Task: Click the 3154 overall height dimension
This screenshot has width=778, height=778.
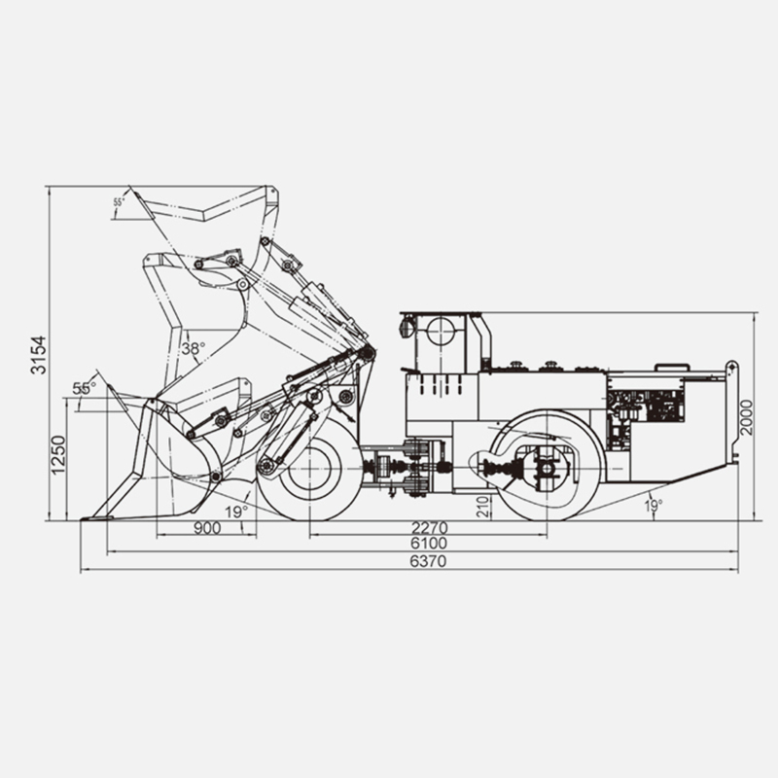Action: coord(38,355)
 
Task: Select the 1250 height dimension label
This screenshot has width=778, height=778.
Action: coord(58,455)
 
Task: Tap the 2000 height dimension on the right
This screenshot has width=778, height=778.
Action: coord(746,417)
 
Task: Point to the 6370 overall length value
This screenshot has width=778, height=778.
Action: coord(428,561)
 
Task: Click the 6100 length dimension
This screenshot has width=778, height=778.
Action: coord(429,544)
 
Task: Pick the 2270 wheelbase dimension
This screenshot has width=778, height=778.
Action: coord(430,527)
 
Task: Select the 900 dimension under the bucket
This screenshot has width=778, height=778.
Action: coord(207,528)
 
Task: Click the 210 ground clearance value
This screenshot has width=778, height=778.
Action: coord(483,506)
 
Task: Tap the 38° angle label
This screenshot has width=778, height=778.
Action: coord(193,349)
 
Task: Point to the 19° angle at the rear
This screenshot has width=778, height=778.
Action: coord(654,506)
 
